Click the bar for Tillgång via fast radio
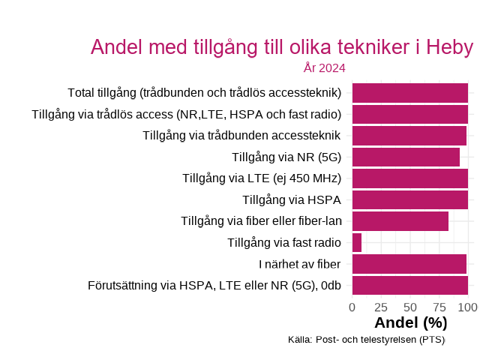[357, 243]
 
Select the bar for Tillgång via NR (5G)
[406, 157]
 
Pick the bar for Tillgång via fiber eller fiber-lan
[400, 221]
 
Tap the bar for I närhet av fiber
[409, 264]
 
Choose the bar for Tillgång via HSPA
[410, 200]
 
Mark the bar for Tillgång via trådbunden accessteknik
[409, 136]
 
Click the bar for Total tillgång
[410, 93]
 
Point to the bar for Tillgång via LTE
[410, 178]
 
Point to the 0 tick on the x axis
[352, 307]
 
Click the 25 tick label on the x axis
[381, 307]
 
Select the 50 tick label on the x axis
[410, 307]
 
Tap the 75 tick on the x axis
[439, 307]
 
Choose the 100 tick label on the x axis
[468, 307]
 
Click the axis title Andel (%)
[410, 323]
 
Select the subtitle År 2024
[324, 68]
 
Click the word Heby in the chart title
[449, 47]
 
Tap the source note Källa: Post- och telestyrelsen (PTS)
[366, 340]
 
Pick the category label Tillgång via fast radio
[284, 243]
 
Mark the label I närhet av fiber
[300, 264]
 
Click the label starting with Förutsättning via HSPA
[214, 286]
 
